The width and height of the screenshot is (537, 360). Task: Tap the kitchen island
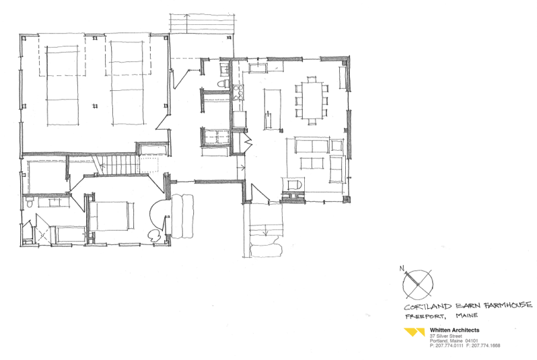[x=273, y=109]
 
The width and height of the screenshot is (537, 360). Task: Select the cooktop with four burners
[x=238, y=92]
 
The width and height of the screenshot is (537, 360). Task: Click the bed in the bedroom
[x=111, y=215]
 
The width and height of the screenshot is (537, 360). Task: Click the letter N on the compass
[x=401, y=268]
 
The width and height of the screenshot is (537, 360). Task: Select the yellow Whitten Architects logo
[x=415, y=332]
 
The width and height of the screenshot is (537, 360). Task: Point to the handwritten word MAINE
[x=466, y=315]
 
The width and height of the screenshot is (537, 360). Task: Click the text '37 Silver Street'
[x=445, y=336]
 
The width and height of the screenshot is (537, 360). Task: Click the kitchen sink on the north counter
[x=258, y=68]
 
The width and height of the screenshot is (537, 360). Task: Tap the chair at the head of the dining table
[x=312, y=79]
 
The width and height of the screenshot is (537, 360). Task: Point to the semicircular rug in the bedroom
[x=157, y=215]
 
